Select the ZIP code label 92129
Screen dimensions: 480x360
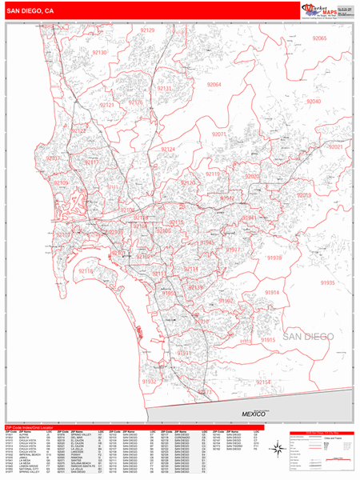tap(146, 30)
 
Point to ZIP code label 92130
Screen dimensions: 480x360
tap(99, 52)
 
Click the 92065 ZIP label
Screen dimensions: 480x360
tap(320, 38)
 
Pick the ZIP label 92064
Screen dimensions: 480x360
tap(214, 84)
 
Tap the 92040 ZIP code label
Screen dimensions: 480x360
tap(313, 102)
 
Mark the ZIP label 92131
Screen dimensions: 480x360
tap(164, 88)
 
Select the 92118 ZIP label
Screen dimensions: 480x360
tap(86, 272)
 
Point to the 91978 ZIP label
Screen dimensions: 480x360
tap(274, 258)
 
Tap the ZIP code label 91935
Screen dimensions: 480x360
tap(327, 282)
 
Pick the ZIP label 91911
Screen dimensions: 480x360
tap(184, 352)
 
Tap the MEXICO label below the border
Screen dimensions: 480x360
tap(258, 414)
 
